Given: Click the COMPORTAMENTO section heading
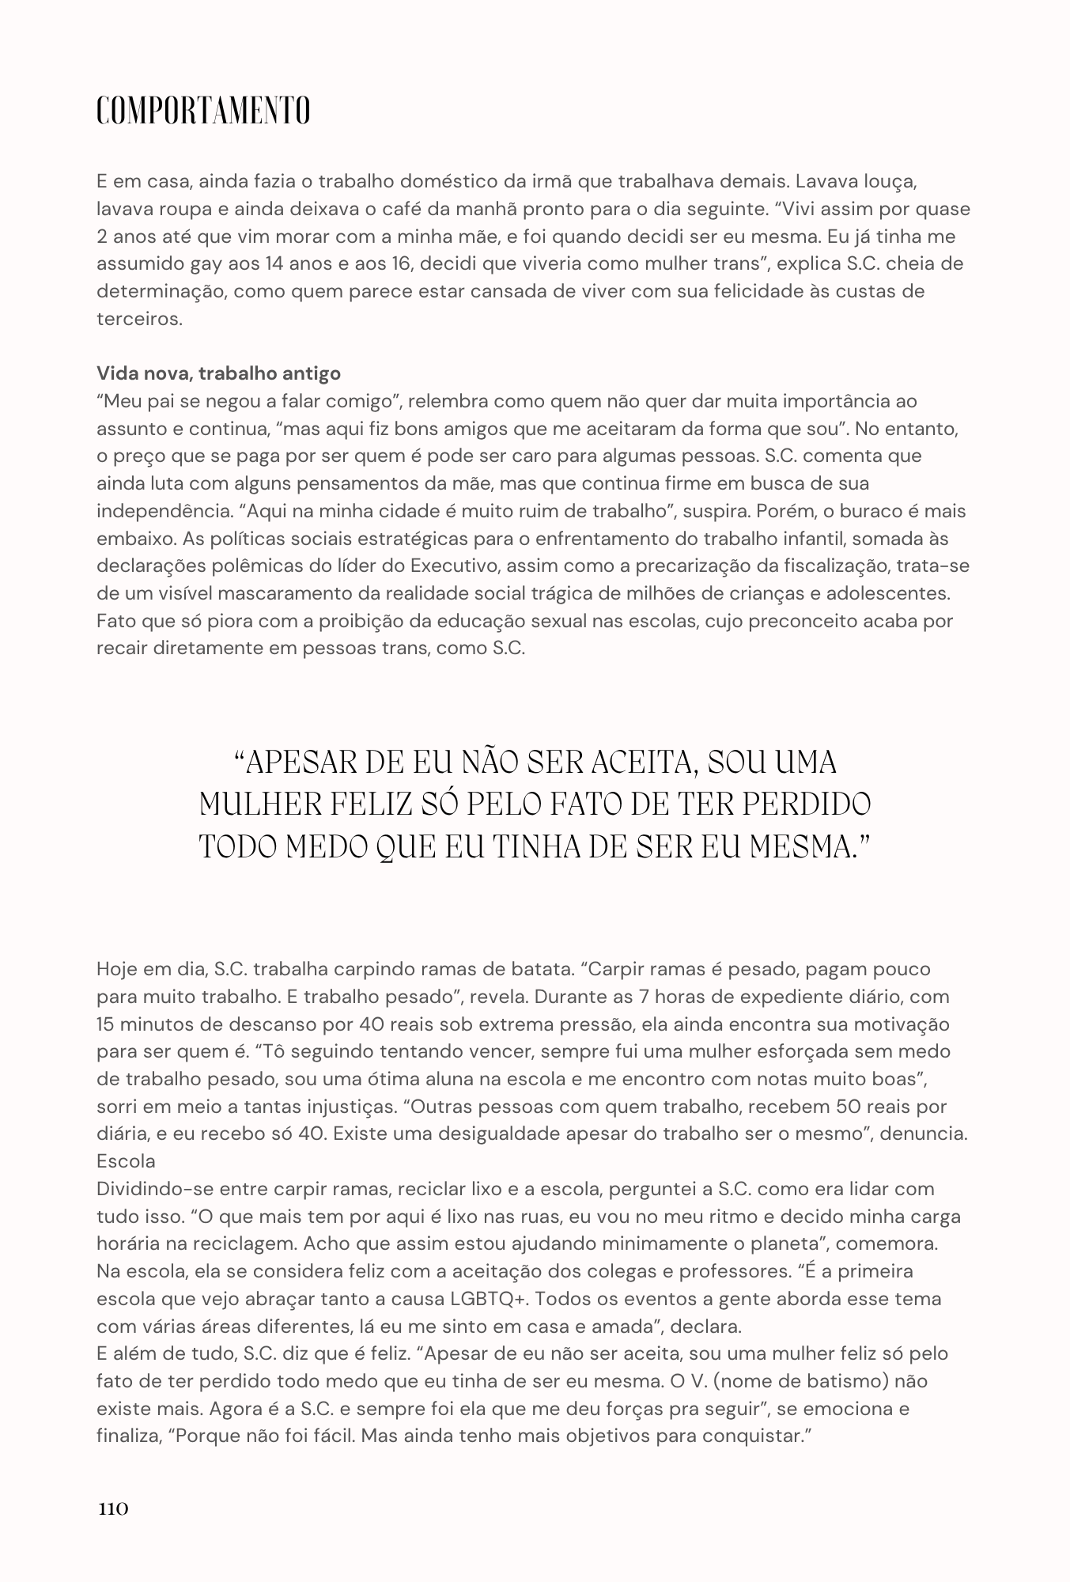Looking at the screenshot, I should (203, 111).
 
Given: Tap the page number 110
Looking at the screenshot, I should (113, 1508).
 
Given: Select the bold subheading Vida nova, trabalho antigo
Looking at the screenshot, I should (218, 373).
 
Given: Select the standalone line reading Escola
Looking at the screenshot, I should (126, 1161).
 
